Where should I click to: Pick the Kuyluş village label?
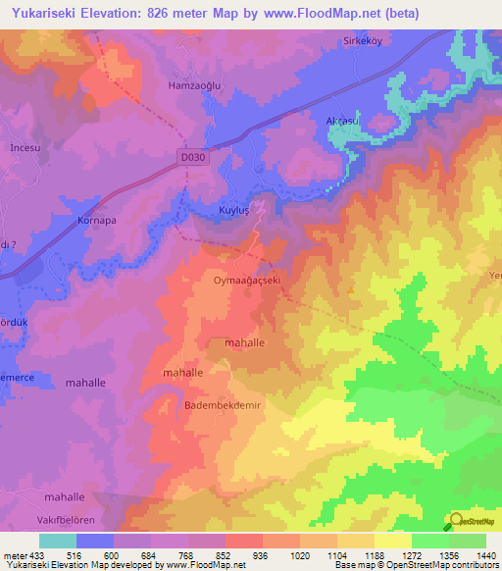tap(234, 211)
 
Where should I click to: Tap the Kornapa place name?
tap(97, 221)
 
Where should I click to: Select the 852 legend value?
tap(225, 555)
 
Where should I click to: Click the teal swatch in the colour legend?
tap(58, 541)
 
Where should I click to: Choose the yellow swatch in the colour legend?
tap(392, 541)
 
